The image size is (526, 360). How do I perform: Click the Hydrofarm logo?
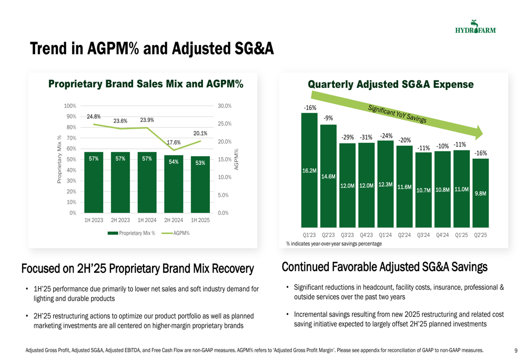(476, 27)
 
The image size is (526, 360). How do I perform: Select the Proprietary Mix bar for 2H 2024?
(174, 184)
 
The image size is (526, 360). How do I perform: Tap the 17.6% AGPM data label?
(174, 142)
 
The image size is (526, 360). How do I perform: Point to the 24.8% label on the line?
(94, 117)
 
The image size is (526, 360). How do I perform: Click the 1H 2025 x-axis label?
(200, 220)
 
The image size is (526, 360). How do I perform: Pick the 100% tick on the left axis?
(70, 106)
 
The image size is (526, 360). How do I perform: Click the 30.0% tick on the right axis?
(225, 106)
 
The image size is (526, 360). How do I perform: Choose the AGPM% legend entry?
(176, 233)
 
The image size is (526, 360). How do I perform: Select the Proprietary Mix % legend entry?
(131, 233)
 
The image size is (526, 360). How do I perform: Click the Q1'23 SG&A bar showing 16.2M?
(309, 170)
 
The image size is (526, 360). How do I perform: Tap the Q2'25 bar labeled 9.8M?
(480, 193)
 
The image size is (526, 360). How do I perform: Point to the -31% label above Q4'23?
(366, 137)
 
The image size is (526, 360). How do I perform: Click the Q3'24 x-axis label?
(423, 235)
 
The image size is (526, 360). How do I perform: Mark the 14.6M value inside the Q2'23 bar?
(328, 176)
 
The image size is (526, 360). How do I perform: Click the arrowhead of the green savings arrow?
(479, 133)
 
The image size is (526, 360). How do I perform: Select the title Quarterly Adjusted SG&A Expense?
(391, 85)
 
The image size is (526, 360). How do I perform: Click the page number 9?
(516, 351)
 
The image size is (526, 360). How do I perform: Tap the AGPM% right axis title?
(236, 159)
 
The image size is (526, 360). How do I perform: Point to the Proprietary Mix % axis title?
(59, 159)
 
